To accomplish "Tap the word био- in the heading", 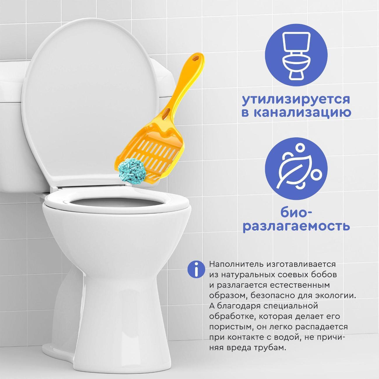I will click(296, 213).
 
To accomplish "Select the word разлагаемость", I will click(296, 226).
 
